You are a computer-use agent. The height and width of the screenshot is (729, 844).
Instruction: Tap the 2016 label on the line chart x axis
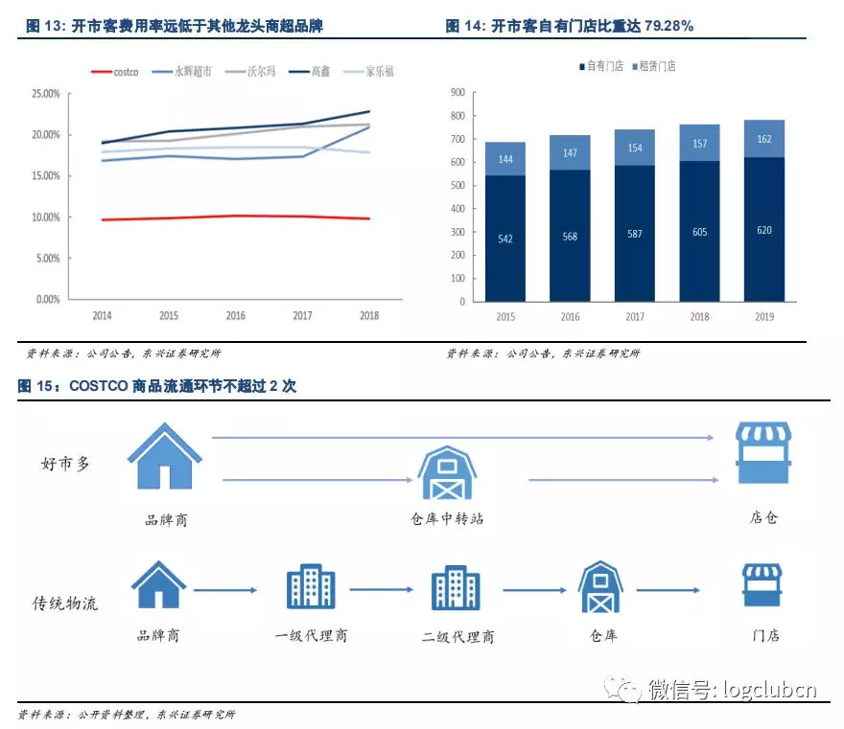point(235,315)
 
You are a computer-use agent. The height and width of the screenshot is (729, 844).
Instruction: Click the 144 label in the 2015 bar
point(504,159)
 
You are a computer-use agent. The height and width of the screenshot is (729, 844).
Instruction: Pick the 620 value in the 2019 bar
point(763,230)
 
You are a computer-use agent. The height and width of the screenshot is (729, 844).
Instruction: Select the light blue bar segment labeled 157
point(699,143)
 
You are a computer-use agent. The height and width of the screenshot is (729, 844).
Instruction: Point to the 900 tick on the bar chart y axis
point(457,93)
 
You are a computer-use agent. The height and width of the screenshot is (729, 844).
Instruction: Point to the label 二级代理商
point(457,636)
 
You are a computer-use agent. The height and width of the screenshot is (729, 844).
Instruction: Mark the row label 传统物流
point(66,603)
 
